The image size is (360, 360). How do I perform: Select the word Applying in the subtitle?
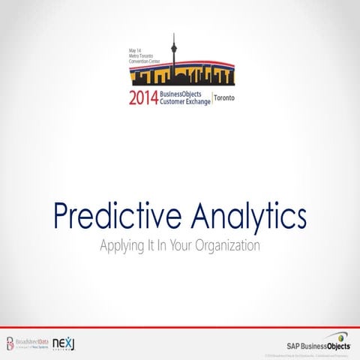121,245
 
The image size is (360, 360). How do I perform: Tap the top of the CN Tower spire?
173,34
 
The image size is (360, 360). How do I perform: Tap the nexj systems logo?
64,324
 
